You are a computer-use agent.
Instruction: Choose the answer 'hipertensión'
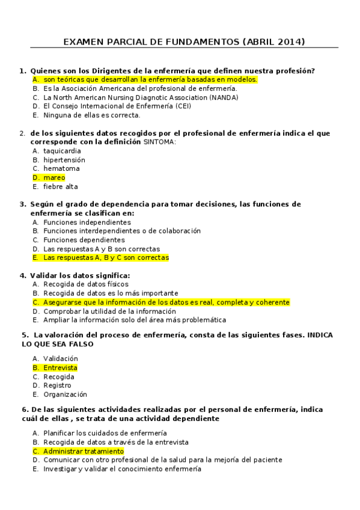[64, 160]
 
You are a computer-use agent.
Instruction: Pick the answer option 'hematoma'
[61, 168]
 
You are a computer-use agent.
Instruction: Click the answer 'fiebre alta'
[61, 186]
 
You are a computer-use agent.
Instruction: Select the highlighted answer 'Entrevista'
[60, 367]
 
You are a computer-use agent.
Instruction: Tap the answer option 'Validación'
[61, 358]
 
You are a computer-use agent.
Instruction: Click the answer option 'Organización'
[65, 395]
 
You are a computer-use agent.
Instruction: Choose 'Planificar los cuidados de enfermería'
[105, 433]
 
